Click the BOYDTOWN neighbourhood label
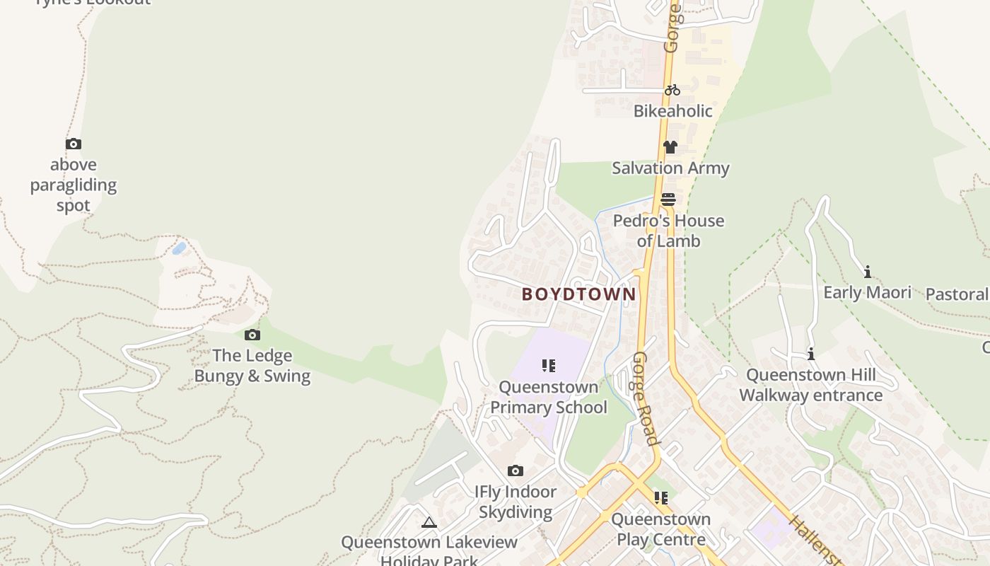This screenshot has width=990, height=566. click(578, 294)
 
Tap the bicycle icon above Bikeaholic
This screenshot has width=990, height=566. click(672, 90)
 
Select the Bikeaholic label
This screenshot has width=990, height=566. click(672, 111)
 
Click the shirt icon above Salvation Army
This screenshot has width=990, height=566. click(670, 147)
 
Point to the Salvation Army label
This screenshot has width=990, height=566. click(670, 168)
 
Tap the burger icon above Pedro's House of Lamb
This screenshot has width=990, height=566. click(668, 200)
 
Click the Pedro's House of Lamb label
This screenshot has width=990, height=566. click(668, 231)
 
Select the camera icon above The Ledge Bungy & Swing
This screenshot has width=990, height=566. click(252, 335)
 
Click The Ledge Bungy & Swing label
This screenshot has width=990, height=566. click(252, 366)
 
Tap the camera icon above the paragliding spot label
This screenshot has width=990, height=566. click(74, 144)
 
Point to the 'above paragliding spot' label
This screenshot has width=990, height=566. click(74, 185)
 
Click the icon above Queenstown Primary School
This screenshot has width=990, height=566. click(549, 366)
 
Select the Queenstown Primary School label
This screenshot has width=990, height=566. click(549, 398)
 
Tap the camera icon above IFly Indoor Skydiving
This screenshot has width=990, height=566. click(516, 470)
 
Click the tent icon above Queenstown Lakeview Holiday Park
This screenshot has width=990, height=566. click(429, 523)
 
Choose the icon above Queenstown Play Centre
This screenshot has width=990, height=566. click(661, 498)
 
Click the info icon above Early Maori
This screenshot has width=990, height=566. click(867, 272)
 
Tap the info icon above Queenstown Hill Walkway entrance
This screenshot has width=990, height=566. click(811, 354)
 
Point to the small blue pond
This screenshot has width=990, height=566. click(180, 248)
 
